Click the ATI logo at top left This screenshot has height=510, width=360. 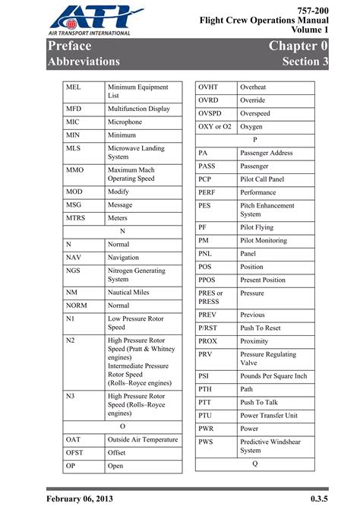click(x=90, y=21)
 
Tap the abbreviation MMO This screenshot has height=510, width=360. click(x=75, y=169)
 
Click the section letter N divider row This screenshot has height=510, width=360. click(x=122, y=230)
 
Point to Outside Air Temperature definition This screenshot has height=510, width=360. click(x=143, y=439)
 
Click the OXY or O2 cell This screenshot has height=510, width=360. click(x=215, y=127)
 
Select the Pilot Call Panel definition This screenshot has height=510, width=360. click(x=262, y=179)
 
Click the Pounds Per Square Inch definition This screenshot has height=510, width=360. click(x=273, y=375)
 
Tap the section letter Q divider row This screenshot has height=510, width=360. click(x=255, y=463)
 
